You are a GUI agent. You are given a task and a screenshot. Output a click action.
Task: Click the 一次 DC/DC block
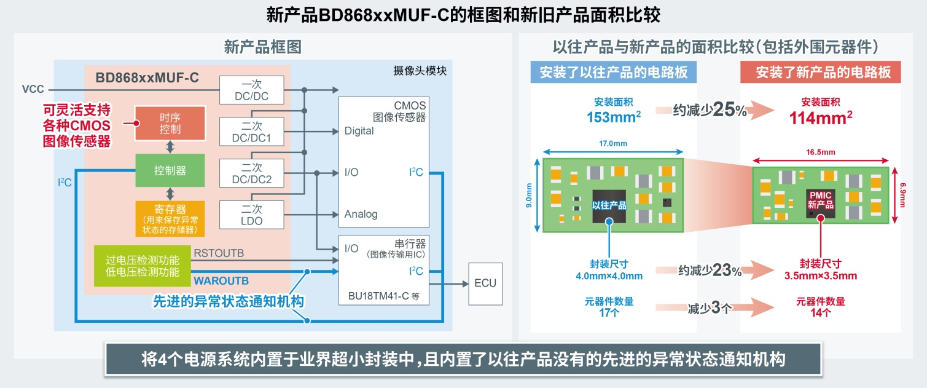(251, 90)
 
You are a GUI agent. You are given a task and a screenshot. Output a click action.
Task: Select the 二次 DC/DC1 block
(251, 132)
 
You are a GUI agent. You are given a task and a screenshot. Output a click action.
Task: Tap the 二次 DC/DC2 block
(251, 173)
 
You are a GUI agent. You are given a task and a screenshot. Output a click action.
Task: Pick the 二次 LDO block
(251, 214)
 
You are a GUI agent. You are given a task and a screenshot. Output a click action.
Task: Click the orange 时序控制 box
(170, 123)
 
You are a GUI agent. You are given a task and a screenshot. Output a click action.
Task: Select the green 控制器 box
(170, 170)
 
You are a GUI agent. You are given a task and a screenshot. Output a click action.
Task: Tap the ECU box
(485, 283)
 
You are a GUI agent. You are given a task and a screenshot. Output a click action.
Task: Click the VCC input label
(33, 90)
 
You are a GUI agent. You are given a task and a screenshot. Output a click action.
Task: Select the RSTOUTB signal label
(219, 252)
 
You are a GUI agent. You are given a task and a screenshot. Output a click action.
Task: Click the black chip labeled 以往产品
(609, 205)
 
